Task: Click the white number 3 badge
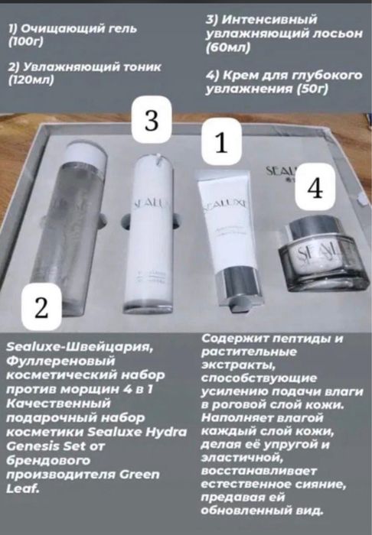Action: click(x=152, y=120)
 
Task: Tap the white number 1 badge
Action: click(x=222, y=142)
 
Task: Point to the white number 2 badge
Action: click(x=43, y=308)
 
